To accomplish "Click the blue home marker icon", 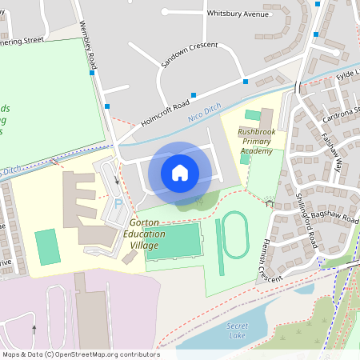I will pos(180,172).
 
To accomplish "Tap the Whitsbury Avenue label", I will pos(238,14).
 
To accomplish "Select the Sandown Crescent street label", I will pos(190,54).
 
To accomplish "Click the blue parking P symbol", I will pos(118,206).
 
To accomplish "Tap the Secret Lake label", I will pos(238,331).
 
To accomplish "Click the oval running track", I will pos(234,234).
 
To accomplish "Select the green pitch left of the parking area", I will pos(48,247).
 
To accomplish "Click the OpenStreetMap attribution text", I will pos(81,354).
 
